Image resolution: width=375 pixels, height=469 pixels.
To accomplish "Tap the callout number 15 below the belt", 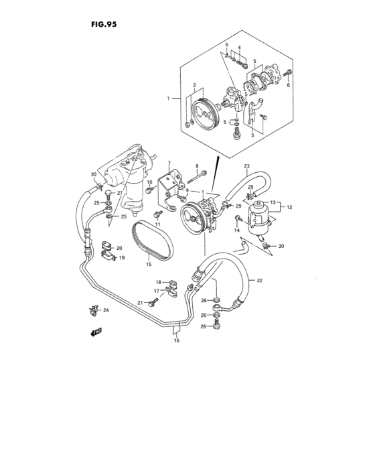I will click(149, 265).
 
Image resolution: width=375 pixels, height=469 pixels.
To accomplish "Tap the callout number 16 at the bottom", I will click(177, 340).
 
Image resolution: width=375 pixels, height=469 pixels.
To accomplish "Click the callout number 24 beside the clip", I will click(106, 310).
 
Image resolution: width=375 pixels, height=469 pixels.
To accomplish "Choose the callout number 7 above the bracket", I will click(169, 163).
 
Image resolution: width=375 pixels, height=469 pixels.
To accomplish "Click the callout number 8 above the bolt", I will click(197, 165).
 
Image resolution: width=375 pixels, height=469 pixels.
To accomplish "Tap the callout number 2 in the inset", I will click(194, 85).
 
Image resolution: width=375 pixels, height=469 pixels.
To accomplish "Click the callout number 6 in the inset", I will click(289, 85).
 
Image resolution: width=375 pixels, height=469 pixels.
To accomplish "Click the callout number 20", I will click(119, 248).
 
